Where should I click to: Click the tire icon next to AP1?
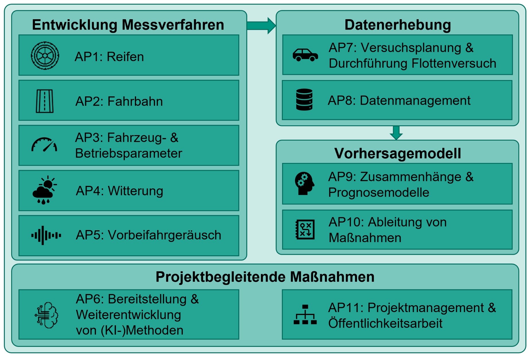(45, 56)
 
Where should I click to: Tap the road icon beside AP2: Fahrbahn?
(44, 101)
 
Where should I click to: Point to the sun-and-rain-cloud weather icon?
(44, 190)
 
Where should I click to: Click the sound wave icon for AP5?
(46, 235)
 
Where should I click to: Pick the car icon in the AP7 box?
(305, 55)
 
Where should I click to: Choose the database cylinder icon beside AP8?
(304, 100)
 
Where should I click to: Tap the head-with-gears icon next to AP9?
(304, 184)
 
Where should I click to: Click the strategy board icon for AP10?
(305, 229)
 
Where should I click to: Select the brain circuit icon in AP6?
(46, 315)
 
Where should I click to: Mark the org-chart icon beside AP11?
(305, 315)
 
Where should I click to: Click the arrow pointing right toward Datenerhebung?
(261, 26)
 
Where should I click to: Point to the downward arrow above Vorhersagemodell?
(396, 133)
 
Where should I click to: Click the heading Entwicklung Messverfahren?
(128, 25)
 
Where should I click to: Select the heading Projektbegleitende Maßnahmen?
(265, 277)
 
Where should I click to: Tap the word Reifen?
(125, 57)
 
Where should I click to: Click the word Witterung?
(135, 191)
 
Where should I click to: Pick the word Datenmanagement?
(415, 101)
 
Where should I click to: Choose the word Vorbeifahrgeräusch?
(164, 235)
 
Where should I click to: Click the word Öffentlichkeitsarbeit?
(385, 323)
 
